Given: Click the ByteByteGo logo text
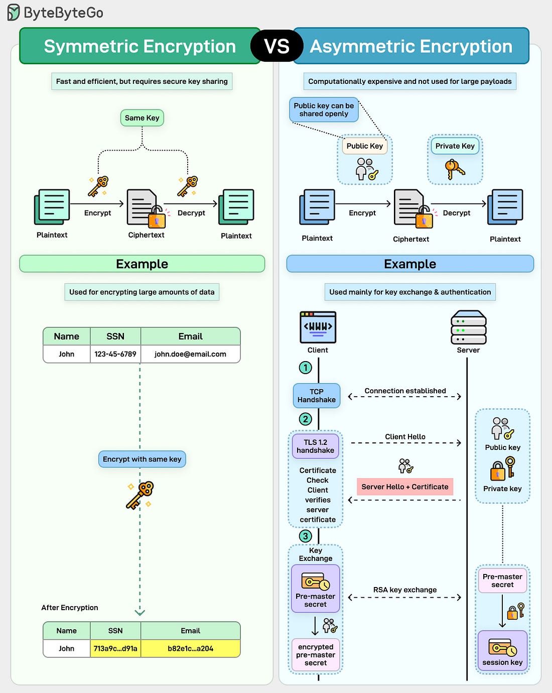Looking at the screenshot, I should [x=63, y=13].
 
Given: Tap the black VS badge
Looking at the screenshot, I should [x=277, y=46].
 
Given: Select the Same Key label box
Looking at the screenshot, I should [x=142, y=118].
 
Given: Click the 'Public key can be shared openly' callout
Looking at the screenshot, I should [x=324, y=109].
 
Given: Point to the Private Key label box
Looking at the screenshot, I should [x=455, y=146].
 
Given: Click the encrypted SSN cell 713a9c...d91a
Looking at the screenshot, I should [x=115, y=648].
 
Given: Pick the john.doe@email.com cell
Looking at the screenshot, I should [x=190, y=354].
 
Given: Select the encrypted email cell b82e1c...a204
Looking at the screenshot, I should [x=190, y=648].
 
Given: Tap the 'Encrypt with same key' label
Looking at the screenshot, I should [x=142, y=459].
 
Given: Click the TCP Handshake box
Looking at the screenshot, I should [x=316, y=396].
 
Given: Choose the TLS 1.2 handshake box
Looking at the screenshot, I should [x=315, y=446].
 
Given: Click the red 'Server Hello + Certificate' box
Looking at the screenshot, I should [x=404, y=487].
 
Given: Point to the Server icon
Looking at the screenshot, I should [x=468, y=328].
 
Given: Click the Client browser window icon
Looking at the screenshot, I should [x=318, y=327].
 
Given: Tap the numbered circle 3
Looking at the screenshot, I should [x=305, y=536].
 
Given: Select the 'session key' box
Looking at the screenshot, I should [x=502, y=651].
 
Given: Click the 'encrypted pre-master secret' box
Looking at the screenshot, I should [x=315, y=655].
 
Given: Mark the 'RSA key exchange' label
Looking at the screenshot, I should [x=404, y=590].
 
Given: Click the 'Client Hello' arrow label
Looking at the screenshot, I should [x=405, y=436].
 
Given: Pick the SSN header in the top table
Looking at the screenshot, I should [x=115, y=336].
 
